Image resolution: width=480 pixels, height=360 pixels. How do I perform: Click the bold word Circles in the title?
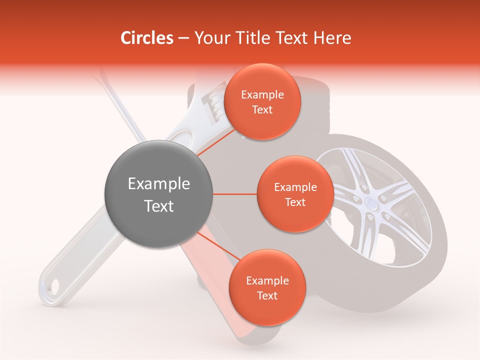click(147, 38)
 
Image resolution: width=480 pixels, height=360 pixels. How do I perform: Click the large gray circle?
click(158, 194)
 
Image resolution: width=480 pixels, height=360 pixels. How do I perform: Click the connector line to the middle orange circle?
click(234, 194)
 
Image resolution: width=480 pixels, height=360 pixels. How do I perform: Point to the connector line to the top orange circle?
click(216, 145)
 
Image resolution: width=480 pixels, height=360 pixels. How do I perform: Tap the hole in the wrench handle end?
click(52, 286)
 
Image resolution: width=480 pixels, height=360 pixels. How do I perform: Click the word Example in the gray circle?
click(158, 184)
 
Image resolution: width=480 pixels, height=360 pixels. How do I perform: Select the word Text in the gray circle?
click(158, 206)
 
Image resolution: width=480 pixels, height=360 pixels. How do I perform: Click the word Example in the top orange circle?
click(262, 95)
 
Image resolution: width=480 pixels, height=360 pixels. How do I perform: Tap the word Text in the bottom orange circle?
click(267, 295)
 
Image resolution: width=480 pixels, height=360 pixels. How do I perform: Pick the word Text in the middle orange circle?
click(295, 202)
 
